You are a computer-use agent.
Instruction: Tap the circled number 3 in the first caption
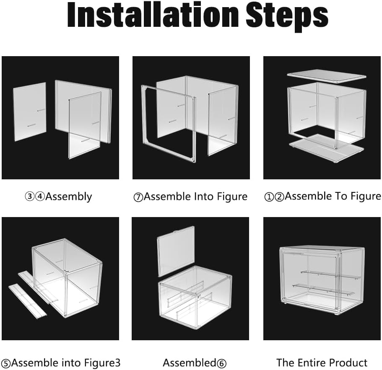click(29, 197)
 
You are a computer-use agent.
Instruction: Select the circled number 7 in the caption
click(138, 197)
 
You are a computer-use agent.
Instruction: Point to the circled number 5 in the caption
click(6, 363)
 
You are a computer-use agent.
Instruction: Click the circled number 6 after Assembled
click(221, 363)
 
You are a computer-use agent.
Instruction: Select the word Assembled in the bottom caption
click(190, 362)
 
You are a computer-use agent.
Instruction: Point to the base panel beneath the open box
click(327, 148)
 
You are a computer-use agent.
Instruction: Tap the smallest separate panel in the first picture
click(30, 111)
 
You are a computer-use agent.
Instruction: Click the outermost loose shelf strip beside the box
click(27, 301)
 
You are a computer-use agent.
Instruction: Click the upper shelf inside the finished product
click(330, 274)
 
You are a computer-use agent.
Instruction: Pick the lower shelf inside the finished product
click(324, 290)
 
